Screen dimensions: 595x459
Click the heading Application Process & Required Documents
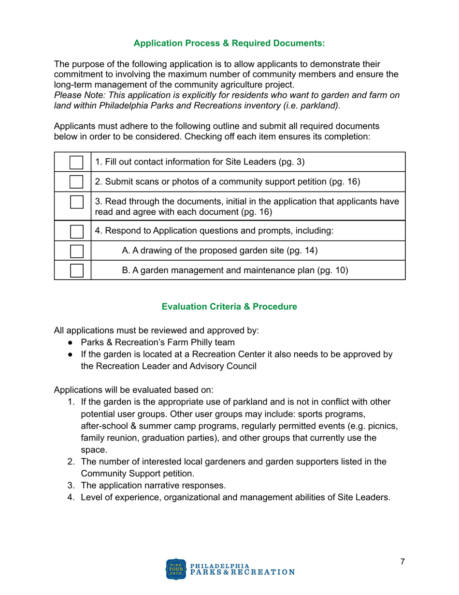(229, 44)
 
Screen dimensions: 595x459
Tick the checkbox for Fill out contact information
(76, 162)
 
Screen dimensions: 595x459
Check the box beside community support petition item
(76, 182)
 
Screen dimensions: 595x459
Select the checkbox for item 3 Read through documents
(76, 202)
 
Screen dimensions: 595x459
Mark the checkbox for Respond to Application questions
(76, 231)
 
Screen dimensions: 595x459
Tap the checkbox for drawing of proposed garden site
(76, 251)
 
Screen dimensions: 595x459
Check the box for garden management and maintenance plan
(76, 270)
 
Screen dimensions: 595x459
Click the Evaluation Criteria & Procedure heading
(229, 307)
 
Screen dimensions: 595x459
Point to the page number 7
(402, 562)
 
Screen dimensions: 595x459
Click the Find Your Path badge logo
(175, 569)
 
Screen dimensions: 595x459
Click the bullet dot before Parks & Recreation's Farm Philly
(72, 343)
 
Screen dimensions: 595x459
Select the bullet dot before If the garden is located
(72, 355)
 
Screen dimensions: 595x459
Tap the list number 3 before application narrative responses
(70, 485)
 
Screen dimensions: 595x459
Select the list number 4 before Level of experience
(70, 497)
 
